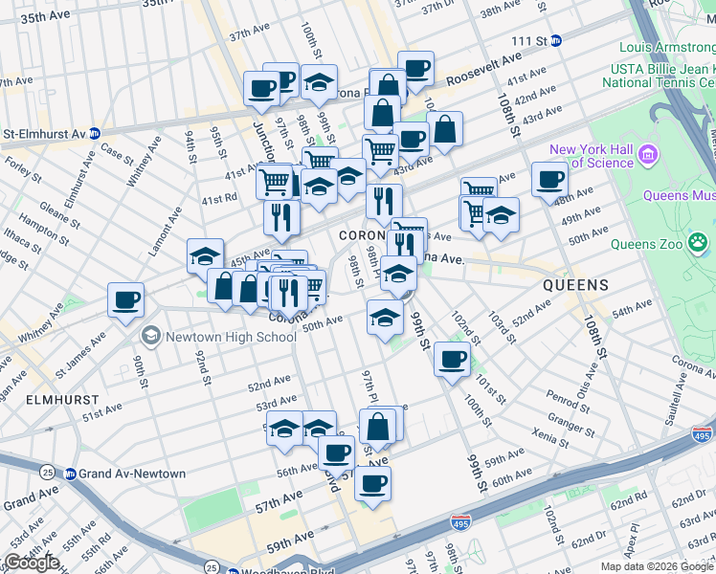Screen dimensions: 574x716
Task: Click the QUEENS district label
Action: (575, 285)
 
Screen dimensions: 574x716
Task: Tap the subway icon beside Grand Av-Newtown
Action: (70, 474)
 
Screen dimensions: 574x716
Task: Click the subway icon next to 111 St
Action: (556, 41)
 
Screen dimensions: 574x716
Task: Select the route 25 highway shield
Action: (47, 472)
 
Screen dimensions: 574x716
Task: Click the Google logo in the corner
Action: (32, 563)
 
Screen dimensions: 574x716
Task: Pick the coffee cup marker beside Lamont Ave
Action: (126, 300)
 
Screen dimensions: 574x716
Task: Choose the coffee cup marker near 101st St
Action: (452, 359)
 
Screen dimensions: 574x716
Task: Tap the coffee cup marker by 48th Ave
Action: (550, 178)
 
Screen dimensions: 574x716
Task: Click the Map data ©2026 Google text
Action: (656, 566)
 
